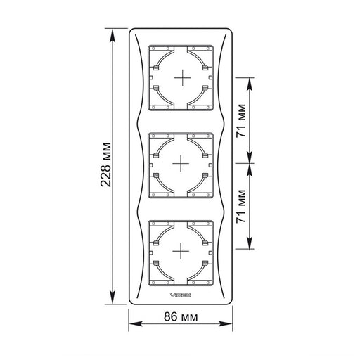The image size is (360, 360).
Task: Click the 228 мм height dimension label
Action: point(105,165)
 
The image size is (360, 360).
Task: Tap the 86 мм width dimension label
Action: point(181,317)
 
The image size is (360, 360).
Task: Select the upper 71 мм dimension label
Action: point(241,120)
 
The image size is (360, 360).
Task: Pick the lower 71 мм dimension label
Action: point(241,206)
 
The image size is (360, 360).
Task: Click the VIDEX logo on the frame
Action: point(181,295)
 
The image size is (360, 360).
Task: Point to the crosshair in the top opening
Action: point(183,77)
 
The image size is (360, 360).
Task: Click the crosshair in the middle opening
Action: point(181,163)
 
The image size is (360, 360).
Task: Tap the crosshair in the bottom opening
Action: point(181,251)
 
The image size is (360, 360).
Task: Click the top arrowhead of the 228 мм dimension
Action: point(112,36)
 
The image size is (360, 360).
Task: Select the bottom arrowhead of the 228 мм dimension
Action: point(112,297)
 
